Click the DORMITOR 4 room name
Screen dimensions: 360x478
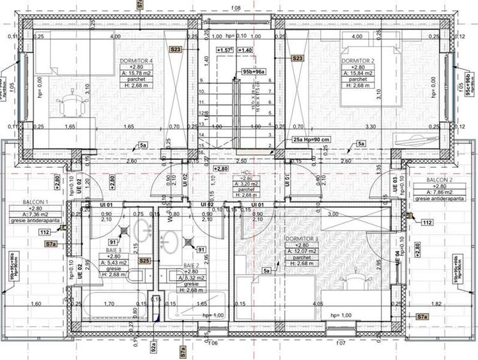(x=136, y=61)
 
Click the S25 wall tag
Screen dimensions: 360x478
(x=145, y=261)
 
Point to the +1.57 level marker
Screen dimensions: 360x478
(x=224, y=49)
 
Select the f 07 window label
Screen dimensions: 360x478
(x=341, y=343)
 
